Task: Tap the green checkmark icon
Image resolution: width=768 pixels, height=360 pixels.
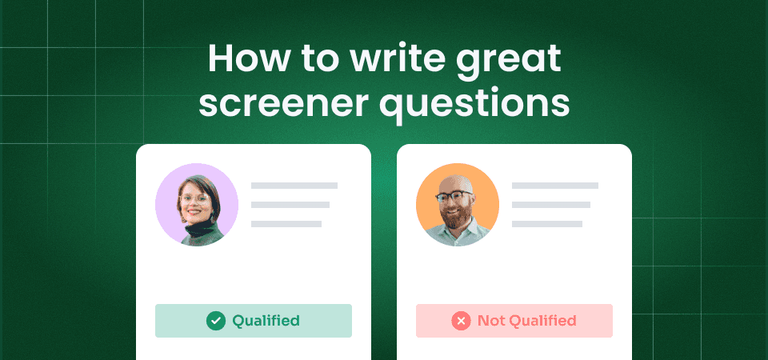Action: [x=215, y=321]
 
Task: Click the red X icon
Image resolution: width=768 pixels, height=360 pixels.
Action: [x=461, y=321]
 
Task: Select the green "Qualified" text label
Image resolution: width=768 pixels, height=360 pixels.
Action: [x=266, y=321]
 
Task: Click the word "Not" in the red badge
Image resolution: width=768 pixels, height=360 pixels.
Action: [x=492, y=321]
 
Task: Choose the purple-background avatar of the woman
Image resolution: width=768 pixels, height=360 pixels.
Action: [x=196, y=205]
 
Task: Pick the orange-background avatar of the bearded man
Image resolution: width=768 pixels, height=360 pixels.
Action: [x=458, y=205]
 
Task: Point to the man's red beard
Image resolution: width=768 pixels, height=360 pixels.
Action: [x=458, y=217]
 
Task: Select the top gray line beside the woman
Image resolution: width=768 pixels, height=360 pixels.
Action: [x=294, y=186]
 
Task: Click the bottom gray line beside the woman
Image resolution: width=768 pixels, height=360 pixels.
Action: [x=286, y=224]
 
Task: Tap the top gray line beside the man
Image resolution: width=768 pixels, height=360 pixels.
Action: [x=555, y=186]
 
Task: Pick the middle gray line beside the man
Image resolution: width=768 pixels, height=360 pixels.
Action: [x=551, y=205]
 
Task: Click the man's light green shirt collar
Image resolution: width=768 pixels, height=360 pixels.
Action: [x=458, y=234]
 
